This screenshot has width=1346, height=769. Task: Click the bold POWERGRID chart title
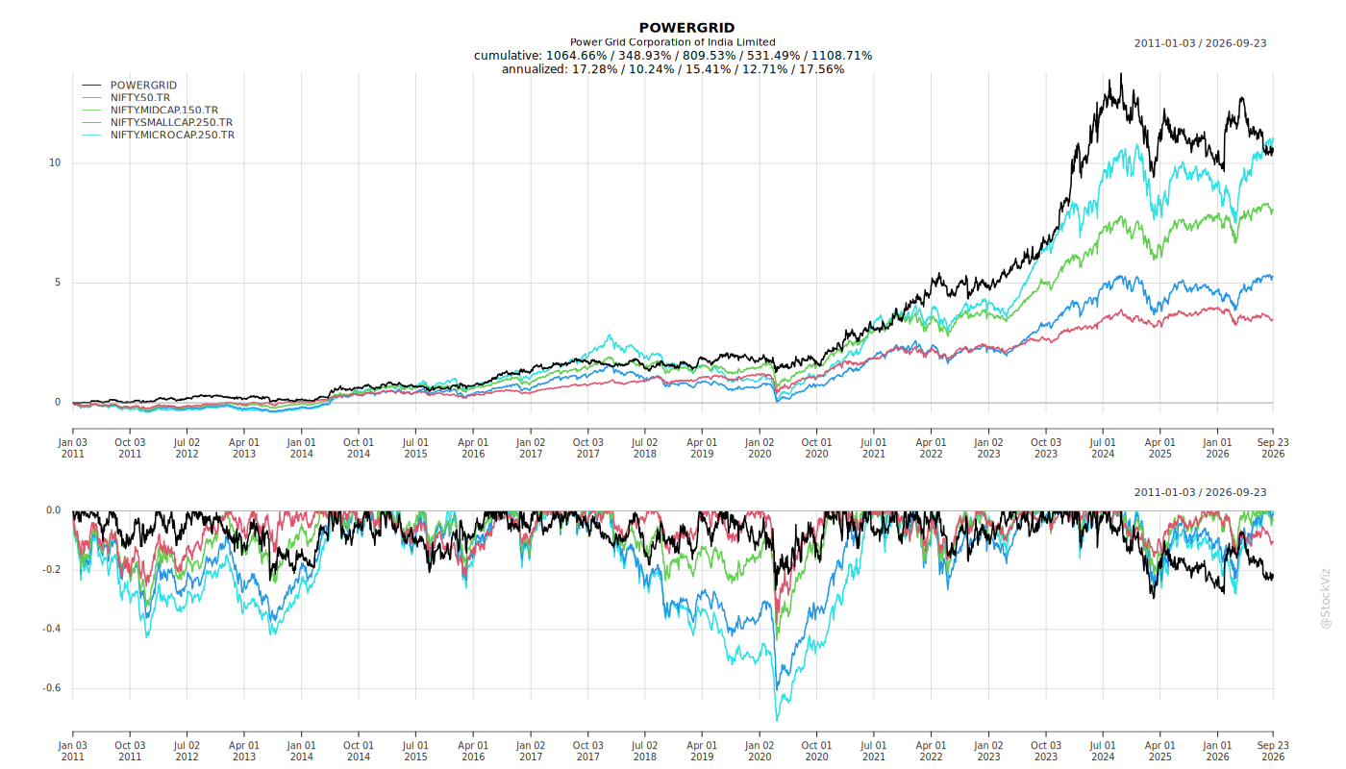pos(686,28)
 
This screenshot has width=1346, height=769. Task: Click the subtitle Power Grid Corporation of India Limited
pos(672,42)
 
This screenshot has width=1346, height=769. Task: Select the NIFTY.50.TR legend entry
pos(140,97)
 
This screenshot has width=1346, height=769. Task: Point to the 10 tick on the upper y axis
pos(55,162)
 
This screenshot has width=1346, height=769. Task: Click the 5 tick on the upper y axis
pos(58,283)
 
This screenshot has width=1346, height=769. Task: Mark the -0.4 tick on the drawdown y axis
pos(52,629)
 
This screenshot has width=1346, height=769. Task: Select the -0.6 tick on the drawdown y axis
pos(52,688)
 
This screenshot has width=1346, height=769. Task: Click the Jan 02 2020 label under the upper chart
pos(760,448)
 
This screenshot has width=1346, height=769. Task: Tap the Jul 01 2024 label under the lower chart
pos(1103,751)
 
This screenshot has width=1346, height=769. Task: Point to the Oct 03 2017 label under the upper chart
pos(587,448)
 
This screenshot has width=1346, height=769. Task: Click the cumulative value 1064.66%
pos(576,56)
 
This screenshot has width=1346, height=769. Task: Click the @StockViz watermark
pos(1325,598)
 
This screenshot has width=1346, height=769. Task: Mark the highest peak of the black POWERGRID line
pos(1121,74)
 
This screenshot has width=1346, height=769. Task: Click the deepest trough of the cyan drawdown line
pos(777,720)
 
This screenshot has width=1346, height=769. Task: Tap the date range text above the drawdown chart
pos(1200,492)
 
